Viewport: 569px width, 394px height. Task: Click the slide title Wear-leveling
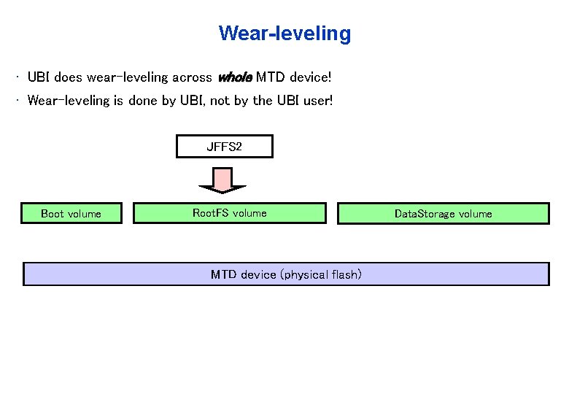click(x=284, y=34)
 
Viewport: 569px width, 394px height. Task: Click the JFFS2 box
click(x=225, y=147)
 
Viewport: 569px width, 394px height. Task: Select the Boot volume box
click(x=71, y=213)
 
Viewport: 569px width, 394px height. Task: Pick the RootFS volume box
click(x=229, y=213)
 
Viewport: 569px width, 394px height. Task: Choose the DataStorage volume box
click(x=443, y=214)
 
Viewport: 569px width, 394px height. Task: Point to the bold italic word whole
click(x=235, y=77)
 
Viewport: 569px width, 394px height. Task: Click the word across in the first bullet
click(x=192, y=77)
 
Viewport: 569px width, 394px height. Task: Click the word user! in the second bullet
click(x=315, y=101)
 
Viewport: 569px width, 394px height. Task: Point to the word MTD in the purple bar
click(x=223, y=274)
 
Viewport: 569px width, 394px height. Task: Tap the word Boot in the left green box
click(x=53, y=214)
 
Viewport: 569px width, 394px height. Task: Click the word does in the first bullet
click(x=69, y=77)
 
